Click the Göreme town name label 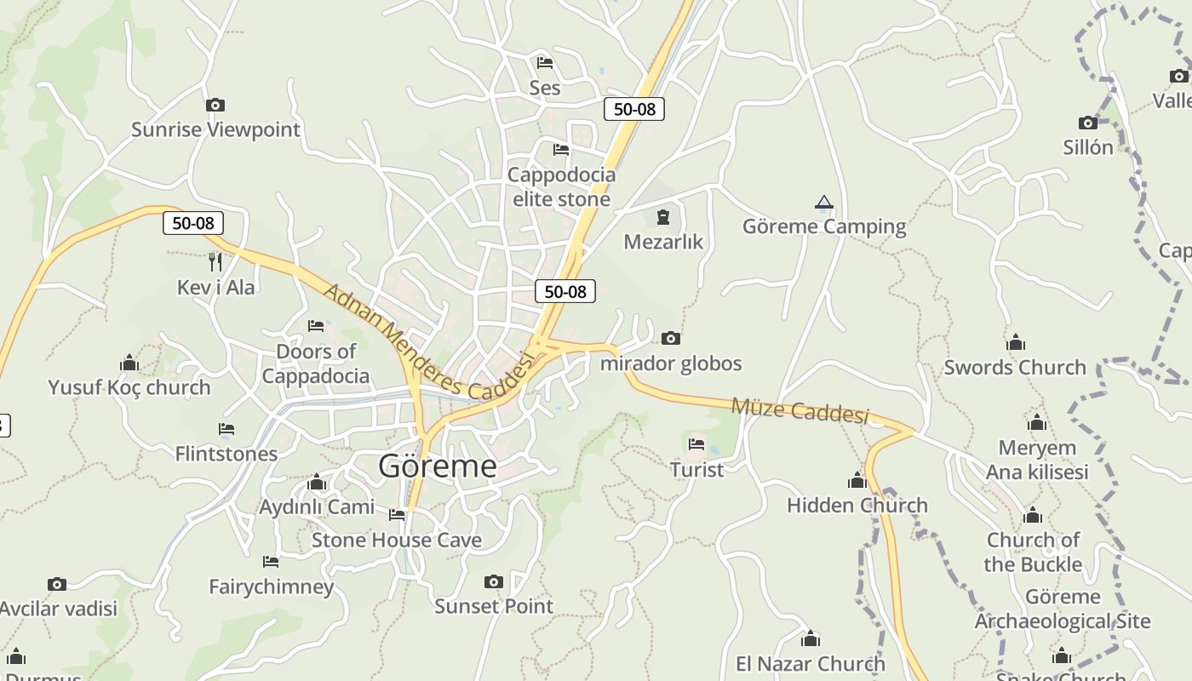438,466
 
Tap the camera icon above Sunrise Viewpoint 215,106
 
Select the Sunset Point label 494,606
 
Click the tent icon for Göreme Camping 823,203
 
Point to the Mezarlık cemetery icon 663,217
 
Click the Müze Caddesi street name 799,411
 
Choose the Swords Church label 1015,368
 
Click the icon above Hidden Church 857,481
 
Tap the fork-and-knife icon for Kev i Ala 215,261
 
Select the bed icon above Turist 696,444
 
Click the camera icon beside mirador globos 671,339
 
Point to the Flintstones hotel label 226,454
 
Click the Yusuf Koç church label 129,387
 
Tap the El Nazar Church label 811,663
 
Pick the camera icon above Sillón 1088,123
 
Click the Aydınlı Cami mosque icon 317,483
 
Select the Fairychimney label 272,587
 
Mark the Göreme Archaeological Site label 1063,609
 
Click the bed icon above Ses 545,62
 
